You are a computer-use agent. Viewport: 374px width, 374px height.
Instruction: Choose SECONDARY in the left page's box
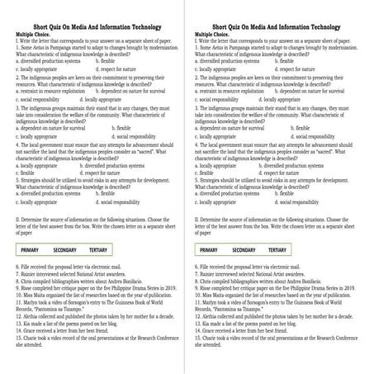(64, 248)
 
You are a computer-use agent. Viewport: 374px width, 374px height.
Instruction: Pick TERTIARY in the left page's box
(98, 248)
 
